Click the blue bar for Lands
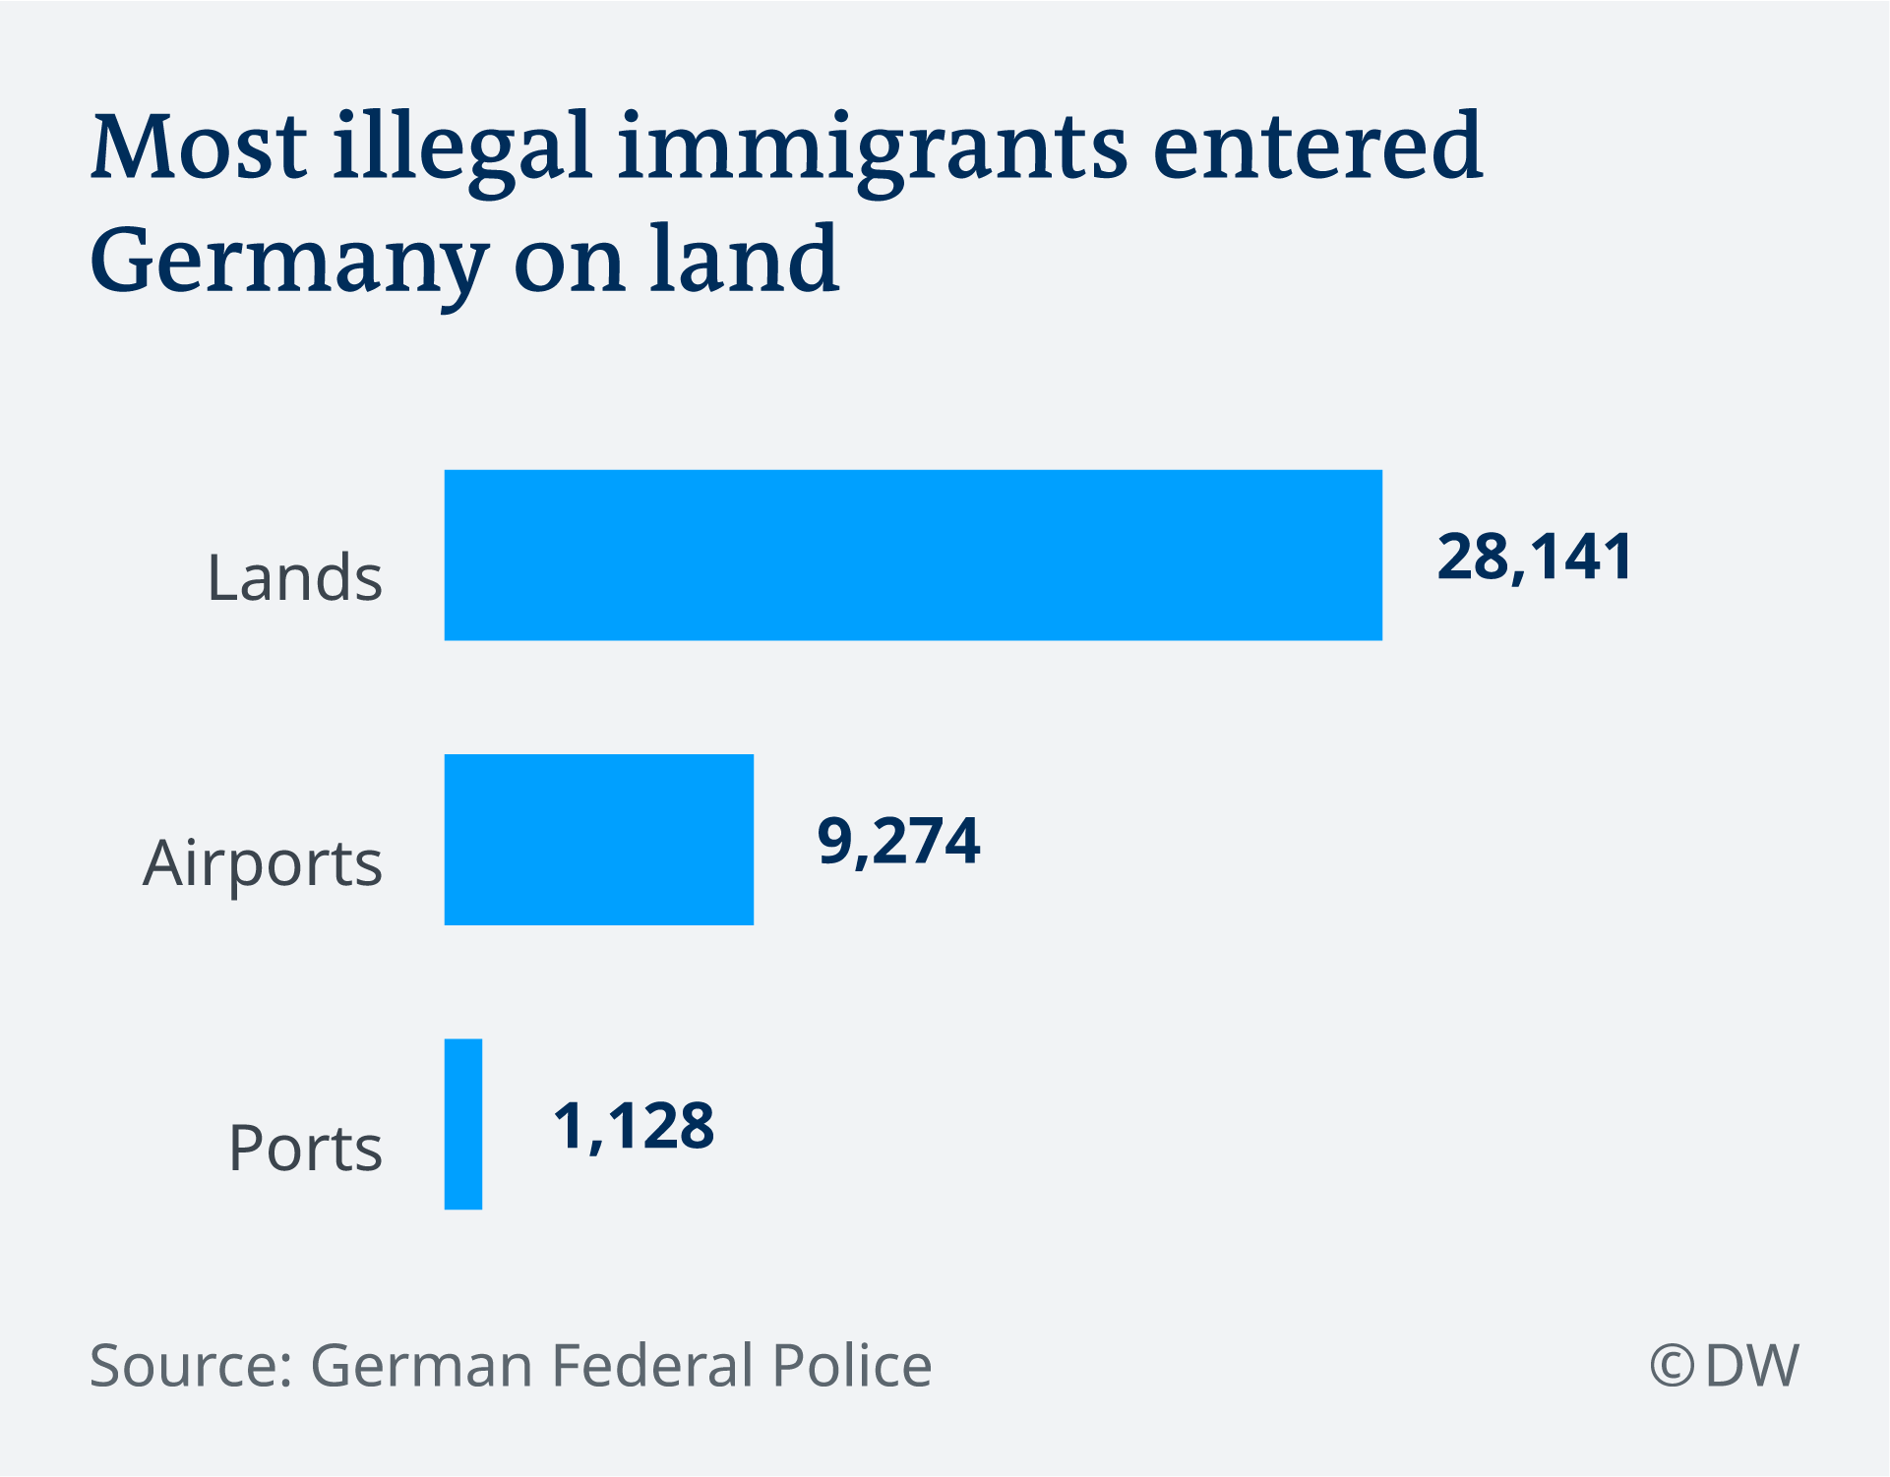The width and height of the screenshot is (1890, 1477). [913, 555]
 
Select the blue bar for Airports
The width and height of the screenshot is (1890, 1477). [598, 839]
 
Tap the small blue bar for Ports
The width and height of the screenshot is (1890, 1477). [463, 1124]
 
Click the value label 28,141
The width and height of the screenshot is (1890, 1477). [1535, 557]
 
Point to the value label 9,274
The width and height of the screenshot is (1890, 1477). [898, 842]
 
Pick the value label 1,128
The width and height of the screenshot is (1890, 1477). [634, 1126]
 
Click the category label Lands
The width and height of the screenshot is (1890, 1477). [294, 577]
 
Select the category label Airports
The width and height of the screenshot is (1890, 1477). [263, 863]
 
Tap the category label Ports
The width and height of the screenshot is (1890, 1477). [305, 1148]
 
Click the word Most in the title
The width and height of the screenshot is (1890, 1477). [199, 148]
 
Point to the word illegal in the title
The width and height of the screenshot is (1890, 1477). [462, 148]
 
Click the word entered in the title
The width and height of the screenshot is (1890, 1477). [1316, 148]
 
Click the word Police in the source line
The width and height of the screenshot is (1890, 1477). [851, 1365]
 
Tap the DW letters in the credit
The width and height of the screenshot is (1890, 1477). [1751, 1366]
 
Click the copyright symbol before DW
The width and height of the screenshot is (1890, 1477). [1672, 1367]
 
